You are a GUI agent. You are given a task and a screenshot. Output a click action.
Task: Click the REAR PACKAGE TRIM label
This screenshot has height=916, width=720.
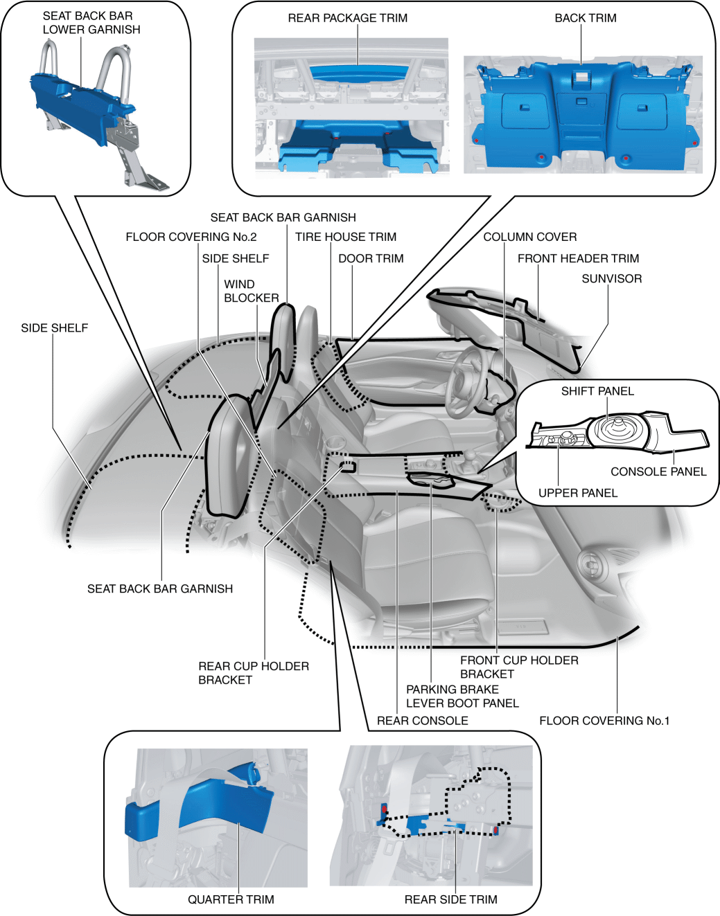[347, 18]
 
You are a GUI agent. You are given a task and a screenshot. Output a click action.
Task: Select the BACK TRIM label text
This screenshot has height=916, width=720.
[585, 18]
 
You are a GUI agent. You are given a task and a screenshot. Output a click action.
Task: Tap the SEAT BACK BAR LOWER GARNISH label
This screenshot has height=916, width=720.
[91, 23]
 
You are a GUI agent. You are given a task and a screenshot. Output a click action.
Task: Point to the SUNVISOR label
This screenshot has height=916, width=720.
[611, 278]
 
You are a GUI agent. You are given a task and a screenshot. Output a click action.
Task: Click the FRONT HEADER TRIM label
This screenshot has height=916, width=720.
[578, 258]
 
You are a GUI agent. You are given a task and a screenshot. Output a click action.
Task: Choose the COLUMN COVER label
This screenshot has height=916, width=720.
[529, 237]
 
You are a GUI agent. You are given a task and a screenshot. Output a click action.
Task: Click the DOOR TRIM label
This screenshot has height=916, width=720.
[371, 258]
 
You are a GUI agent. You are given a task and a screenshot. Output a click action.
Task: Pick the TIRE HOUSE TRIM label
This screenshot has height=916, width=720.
[345, 237]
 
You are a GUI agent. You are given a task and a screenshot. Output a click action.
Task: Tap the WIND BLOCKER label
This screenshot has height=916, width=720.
[251, 291]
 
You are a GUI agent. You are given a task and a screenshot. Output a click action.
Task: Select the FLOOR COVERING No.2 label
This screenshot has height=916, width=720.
[191, 237]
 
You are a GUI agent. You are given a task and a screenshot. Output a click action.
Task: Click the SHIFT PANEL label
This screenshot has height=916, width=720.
[597, 391]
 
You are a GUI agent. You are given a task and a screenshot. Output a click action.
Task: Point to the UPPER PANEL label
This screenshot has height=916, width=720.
[577, 493]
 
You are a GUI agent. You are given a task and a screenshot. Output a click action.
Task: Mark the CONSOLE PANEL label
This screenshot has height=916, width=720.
[658, 472]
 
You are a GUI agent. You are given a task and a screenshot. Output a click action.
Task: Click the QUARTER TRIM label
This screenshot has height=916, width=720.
[231, 899]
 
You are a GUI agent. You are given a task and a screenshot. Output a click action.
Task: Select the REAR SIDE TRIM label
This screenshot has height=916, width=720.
[450, 899]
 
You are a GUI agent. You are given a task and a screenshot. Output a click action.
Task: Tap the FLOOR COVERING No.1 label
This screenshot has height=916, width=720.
[604, 721]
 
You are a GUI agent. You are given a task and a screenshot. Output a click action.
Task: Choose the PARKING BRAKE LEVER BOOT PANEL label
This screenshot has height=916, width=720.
[462, 696]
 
